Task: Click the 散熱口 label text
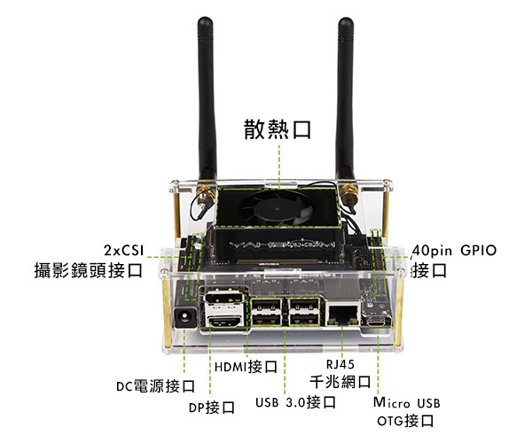click(x=278, y=130)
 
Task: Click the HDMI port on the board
click(x=227, y=323)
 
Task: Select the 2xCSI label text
click(x=123, y=249)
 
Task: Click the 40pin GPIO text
click(x=454, y=250)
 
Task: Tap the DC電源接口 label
click(x=155, y=386)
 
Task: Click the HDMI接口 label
click(x=246, y=366)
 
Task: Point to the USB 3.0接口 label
click(x=294, y=402)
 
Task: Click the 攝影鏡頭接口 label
click(x=88, y=270)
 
